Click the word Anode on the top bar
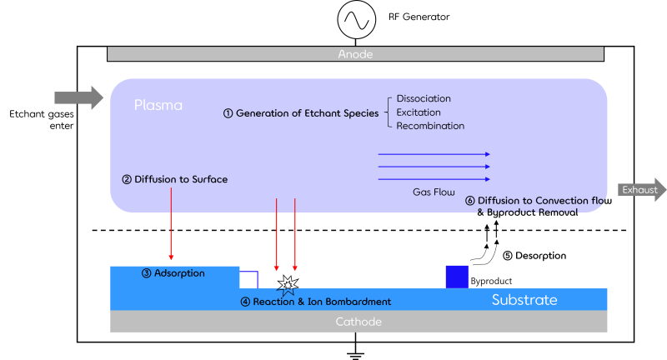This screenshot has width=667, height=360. click(x=355, y=54)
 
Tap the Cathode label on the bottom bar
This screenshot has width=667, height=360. click(x=359, y=322)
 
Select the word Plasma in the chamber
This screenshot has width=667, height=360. click(x=158, y=106)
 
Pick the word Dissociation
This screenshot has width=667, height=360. click(x=424, y=98)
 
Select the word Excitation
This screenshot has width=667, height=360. click(x=419, y=112)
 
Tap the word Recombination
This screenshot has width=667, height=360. click(x=430, y=127)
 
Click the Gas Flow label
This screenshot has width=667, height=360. click(x=434, y=192)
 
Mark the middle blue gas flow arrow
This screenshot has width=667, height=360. click(x=434, y=167)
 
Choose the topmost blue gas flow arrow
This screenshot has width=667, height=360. click(x=434, y=154)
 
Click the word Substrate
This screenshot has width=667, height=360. click(x=524, y=300)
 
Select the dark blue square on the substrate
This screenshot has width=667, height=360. click(x=457, y=277)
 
